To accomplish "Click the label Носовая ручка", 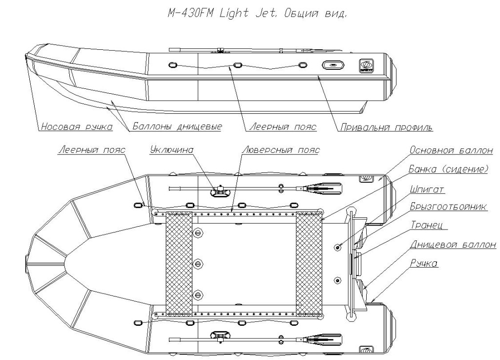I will click(77, 127).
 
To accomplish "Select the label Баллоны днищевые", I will click(177, 127).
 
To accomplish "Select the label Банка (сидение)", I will click(447, 169).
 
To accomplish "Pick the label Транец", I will click(429, 226).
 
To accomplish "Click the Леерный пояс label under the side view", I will click(282, 127).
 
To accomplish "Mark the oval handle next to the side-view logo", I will click(333, 65).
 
